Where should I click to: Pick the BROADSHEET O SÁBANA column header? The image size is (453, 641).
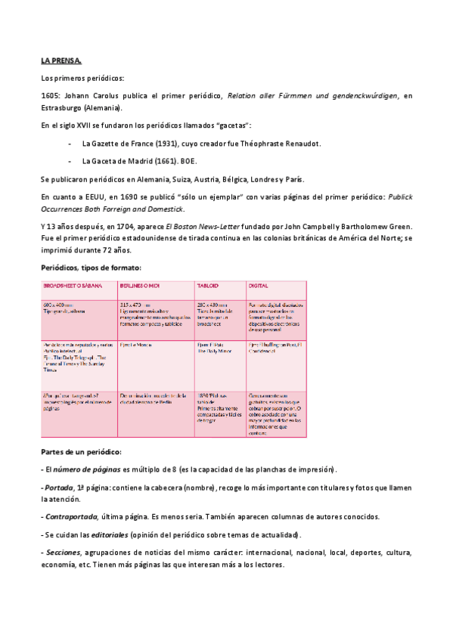coord(73,286)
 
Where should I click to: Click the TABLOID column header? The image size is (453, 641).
coord(209,286)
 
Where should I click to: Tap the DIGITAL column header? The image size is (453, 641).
coord(259,286)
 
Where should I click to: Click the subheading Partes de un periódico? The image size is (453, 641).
coord(82,451)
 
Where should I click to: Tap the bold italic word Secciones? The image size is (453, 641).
coord(62,553)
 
